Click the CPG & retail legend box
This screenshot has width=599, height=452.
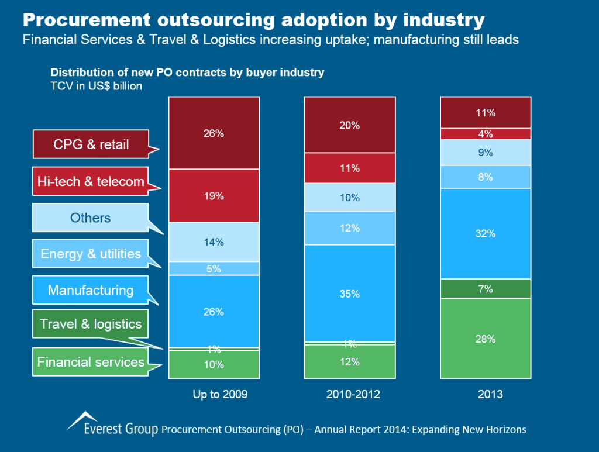click(x=91, y=144)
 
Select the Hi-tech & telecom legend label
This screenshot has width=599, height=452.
click(x=91, y=181)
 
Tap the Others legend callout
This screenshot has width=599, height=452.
click(x=91, y=218)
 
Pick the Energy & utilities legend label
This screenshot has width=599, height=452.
click(x=91, y=254)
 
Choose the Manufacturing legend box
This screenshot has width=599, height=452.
click(x=91, y=290)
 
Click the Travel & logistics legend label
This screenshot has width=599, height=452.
click(x=91, y=324)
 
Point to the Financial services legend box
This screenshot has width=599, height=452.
click(x=91, y=362)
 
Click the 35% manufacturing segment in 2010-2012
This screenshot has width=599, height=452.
click(x=350, y=294)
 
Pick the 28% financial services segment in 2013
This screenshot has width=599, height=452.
click(x=486, y=339)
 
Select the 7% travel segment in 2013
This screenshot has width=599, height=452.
click(x=486, y=289)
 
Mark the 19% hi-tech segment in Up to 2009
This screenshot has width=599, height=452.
click(x=214, y=196)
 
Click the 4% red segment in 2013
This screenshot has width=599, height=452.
click(x=486, y=134)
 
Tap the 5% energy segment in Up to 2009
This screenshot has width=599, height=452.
click(x=214, y=268)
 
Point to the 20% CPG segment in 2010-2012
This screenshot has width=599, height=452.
click(x=350, y=125)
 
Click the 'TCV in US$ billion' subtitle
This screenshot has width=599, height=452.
click(x=97, y=86)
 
